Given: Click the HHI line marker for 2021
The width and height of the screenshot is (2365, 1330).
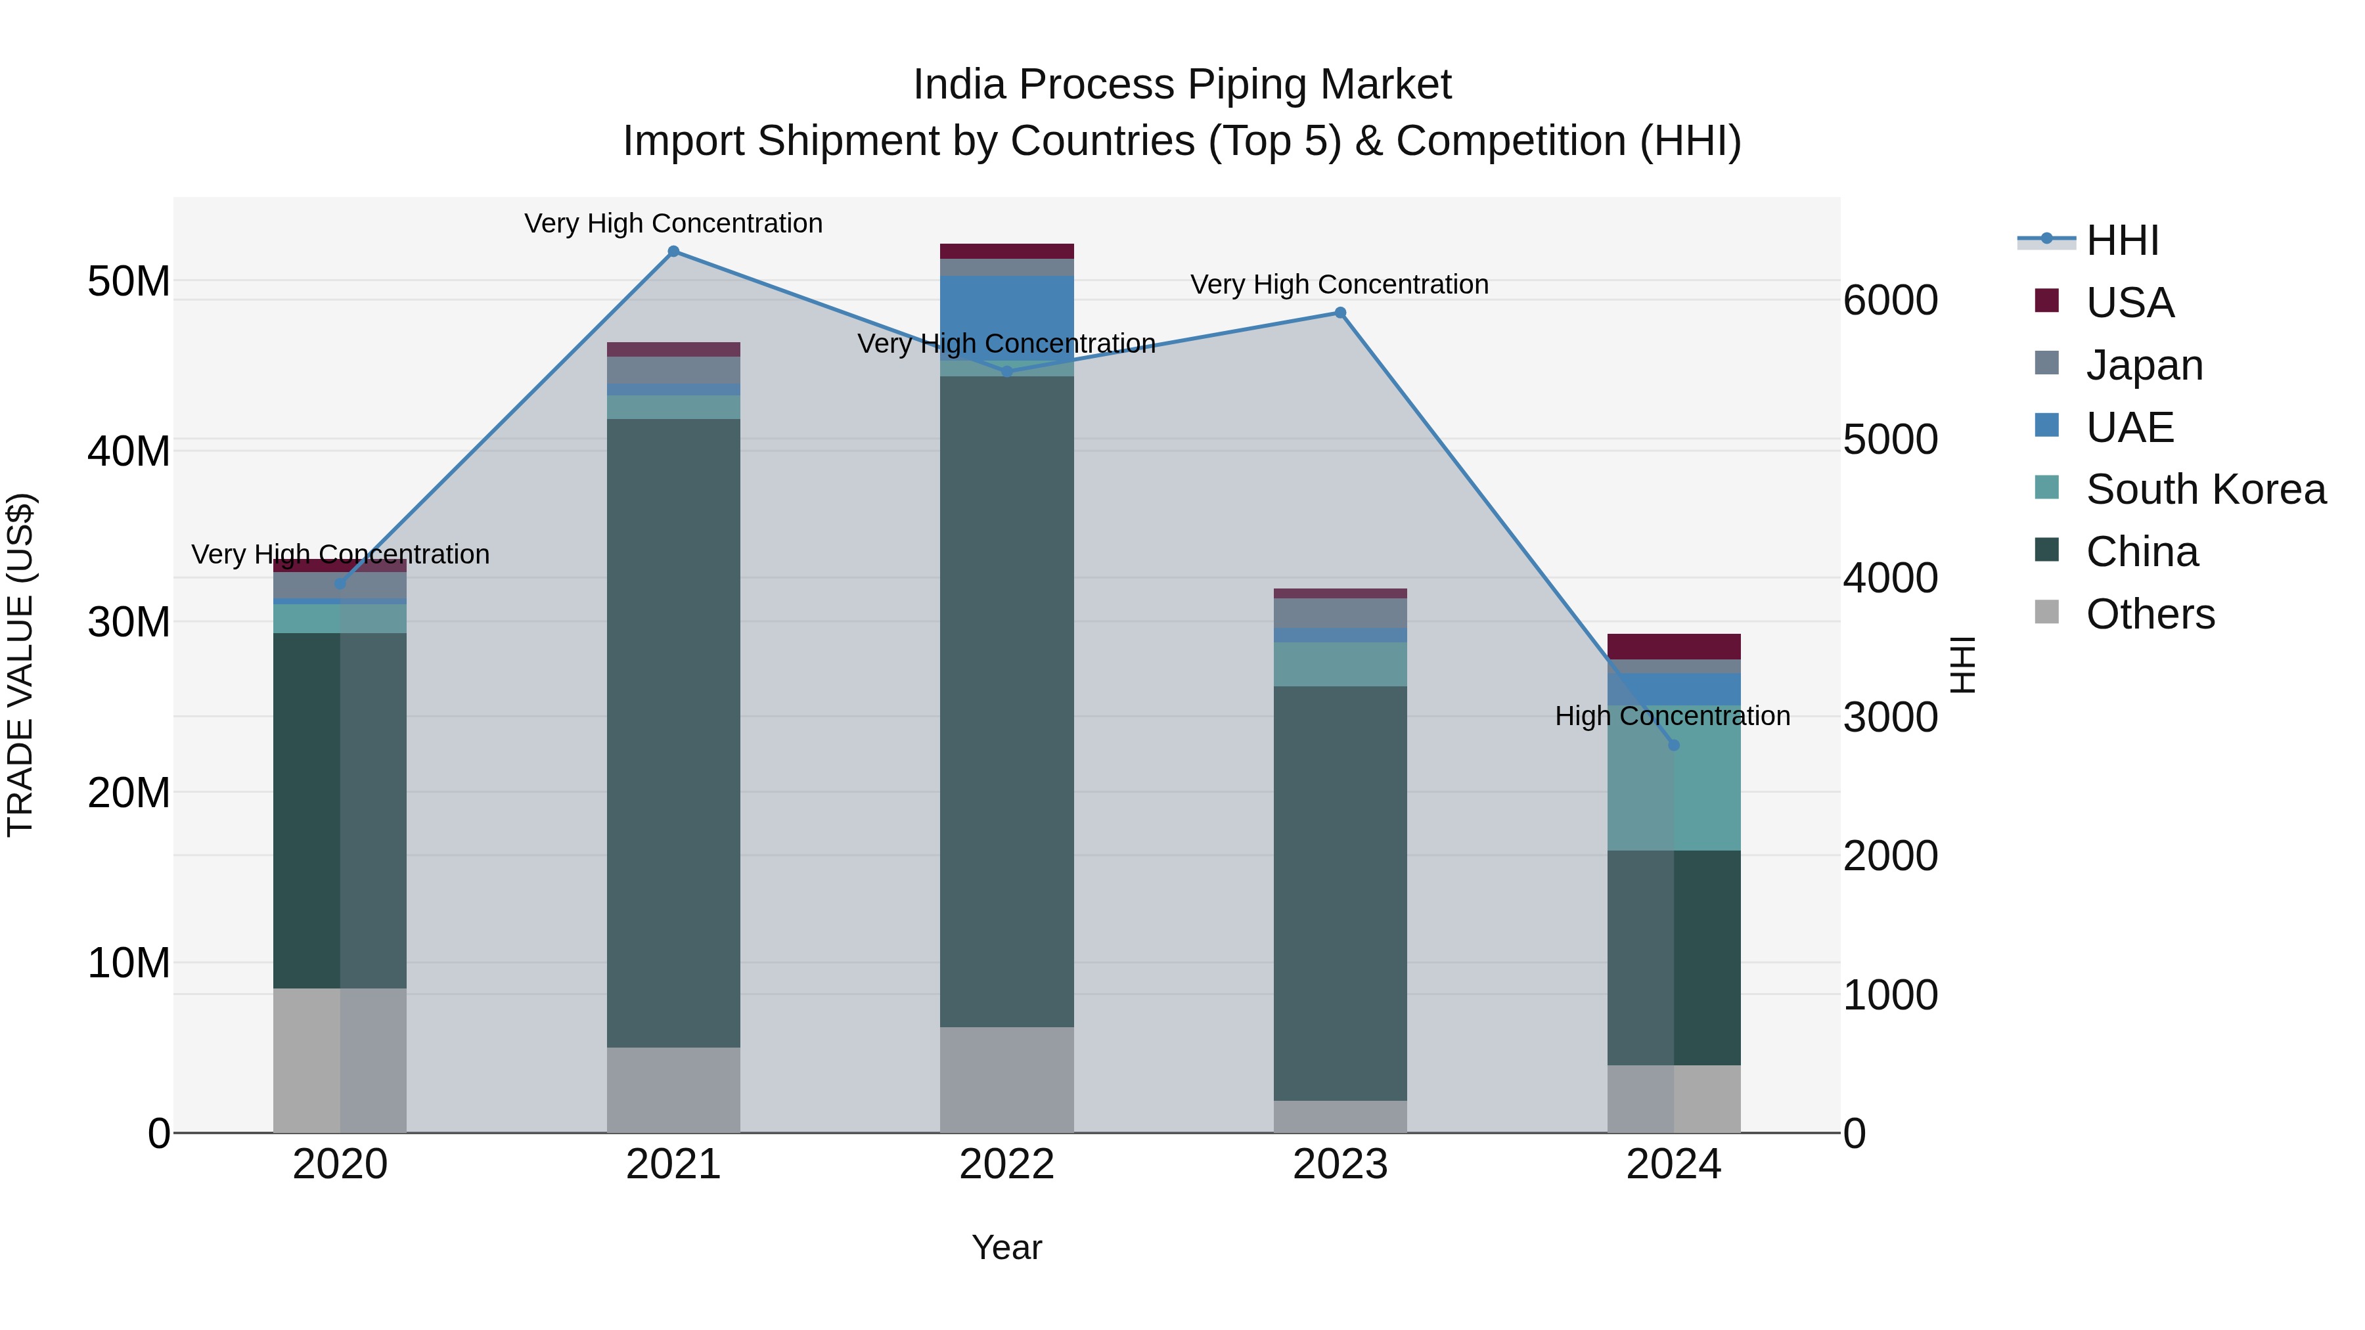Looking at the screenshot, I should pyautogui.click(x=673, y=252).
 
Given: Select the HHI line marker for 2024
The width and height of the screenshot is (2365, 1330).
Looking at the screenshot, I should pyautogui.click(x=1674, y=745).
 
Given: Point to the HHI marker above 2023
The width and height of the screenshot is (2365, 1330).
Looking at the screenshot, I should pyautogui.click(x=1340, y=313).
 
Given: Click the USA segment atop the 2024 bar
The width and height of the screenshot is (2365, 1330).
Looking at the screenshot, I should pyautogui.click(x=1674, y=646).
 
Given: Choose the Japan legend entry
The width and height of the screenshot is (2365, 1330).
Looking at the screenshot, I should pyautogui.click(x=2144, y=365).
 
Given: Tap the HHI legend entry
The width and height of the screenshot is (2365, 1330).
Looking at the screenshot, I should pyautogui.click(x=2121, y=240).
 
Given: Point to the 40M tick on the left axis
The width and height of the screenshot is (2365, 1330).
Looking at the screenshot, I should pyautogui.click(x=129, y=452).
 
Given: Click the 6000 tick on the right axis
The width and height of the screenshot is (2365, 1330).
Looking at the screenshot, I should pyautogui.click(x=1890, y=301).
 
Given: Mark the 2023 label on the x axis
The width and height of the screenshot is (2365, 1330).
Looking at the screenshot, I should pyautogui.click(x=1340, y=1164).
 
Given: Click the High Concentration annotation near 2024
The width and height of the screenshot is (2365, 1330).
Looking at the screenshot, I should pyautogui.click(x=1672, y=716).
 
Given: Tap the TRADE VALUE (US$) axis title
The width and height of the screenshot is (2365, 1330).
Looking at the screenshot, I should pyautogui.click(x=20, y=665).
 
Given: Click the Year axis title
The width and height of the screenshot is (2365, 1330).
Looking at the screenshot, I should pyautogui.click(x=1006, y=1247).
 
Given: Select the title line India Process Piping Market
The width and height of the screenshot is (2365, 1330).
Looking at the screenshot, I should pyautogui.click(x=1182, y=85).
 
